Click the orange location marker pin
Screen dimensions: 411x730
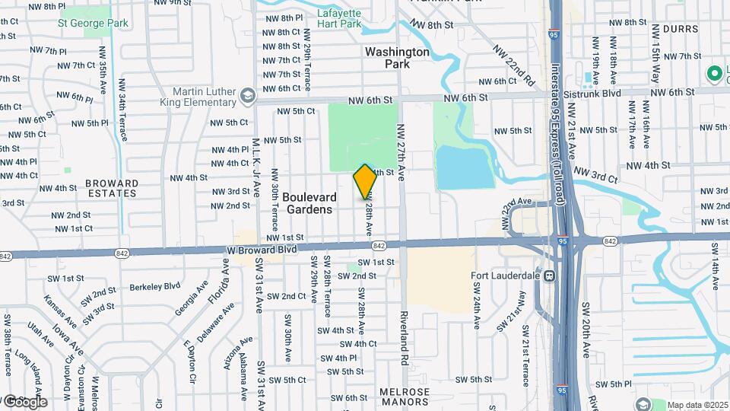pyautogui.click(x=365, y=182)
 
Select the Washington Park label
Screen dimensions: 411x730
pyautogui.click(x=397, y=58)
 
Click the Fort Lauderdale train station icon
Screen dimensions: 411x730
pyautogui.click(x=547, y=276)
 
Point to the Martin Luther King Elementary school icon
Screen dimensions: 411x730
pyautogui.click(x=246, y=96)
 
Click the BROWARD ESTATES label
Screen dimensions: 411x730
pyautogui.click(x=112, y=188)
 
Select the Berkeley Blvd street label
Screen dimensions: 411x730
pyautogui.click(x=155, y=286)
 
